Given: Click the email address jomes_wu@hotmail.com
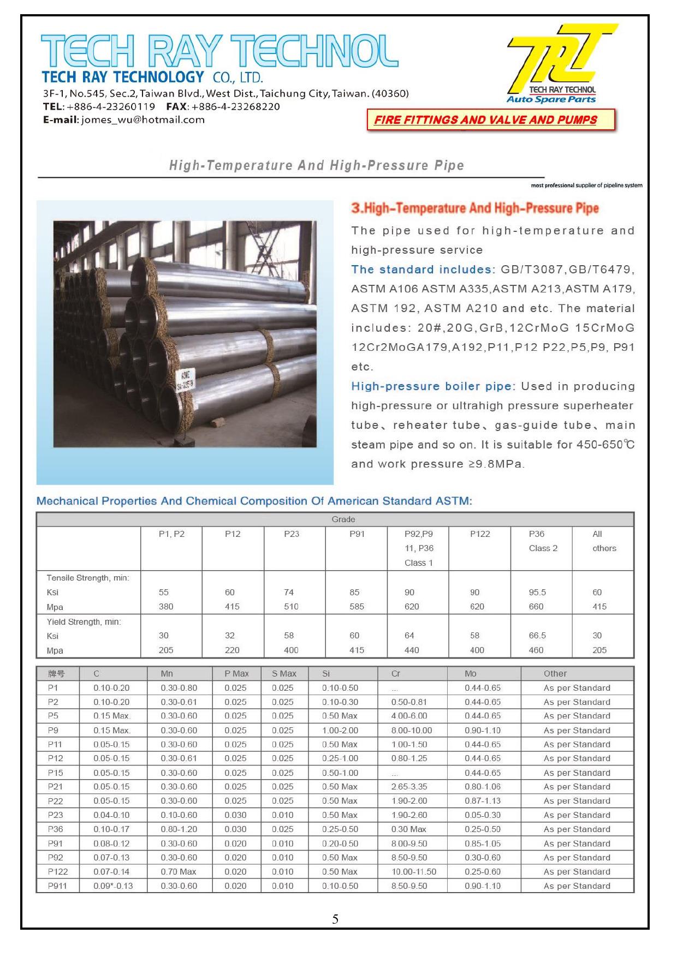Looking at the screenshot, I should click(x=143, y=120).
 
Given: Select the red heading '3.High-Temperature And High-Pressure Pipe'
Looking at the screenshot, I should click(x=474, y=208).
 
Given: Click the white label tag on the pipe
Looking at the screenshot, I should click(x=186, y=380).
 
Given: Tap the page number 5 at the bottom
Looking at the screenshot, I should click(x=335, y=919).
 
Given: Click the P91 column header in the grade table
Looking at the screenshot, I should click(x=357, y=534).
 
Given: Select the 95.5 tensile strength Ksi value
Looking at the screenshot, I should click(x=537, y=593).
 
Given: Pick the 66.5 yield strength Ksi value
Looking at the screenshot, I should click(x=537, y=636).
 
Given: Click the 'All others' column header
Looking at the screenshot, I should click(x=604, y=541).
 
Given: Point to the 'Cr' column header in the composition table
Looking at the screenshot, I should click(x=396, y=674).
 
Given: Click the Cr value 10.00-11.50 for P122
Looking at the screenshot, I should click(x=413, y=872).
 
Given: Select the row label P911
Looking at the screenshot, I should click(x=57, y=886).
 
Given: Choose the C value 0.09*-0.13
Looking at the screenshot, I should click(x=113, y=886).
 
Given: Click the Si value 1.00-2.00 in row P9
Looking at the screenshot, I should click(x=340, y=731).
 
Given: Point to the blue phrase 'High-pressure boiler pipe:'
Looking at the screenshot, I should click(x=433, y=386).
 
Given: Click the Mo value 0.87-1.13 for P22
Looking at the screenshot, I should click(x=482, y=801).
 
